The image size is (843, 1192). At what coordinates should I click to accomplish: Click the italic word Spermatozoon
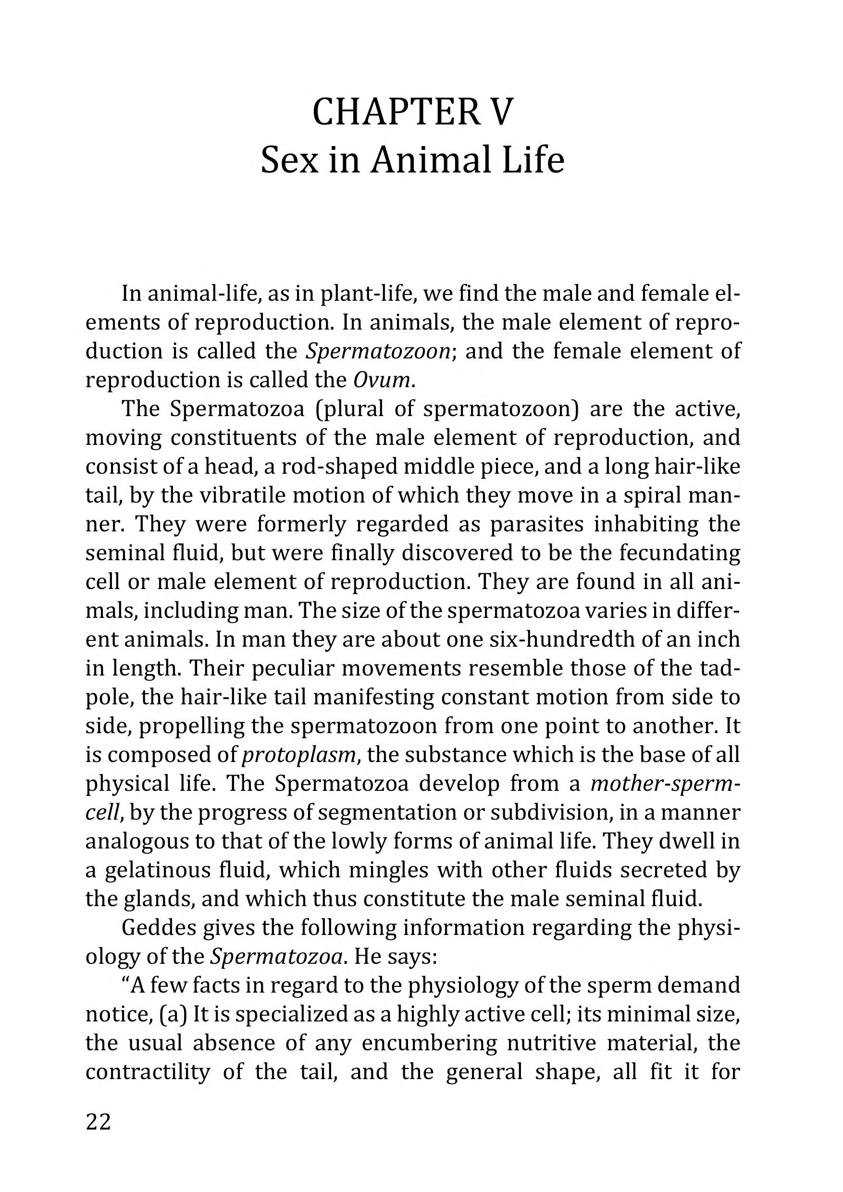(377, 352)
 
